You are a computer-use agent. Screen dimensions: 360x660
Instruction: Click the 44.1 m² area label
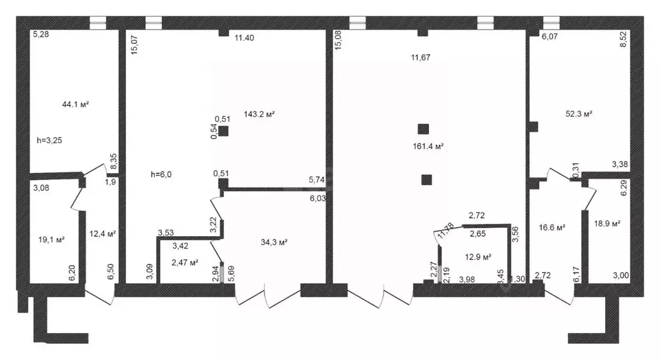point(75,104)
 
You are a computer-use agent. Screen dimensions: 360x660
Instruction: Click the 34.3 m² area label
point(274,242)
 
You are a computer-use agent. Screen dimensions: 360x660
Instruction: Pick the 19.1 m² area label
point(52,239)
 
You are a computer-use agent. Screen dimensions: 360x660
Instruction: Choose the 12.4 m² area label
point(103,234)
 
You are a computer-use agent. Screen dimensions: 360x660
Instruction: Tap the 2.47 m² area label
point(185,262)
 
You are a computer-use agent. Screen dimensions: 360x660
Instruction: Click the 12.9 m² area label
point(478,257)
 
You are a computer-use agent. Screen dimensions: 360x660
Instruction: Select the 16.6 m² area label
point(552,228)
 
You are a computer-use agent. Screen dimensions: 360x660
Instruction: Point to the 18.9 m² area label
point(607,223)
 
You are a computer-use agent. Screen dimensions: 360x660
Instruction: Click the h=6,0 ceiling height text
point(161,174)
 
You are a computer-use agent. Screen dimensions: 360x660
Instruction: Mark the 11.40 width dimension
point(244,38)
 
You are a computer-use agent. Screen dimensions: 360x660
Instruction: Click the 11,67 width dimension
point(421,57)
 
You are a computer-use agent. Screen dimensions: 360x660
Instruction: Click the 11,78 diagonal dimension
point(445,231)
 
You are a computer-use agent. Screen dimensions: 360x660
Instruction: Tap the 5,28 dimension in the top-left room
point(41,34)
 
